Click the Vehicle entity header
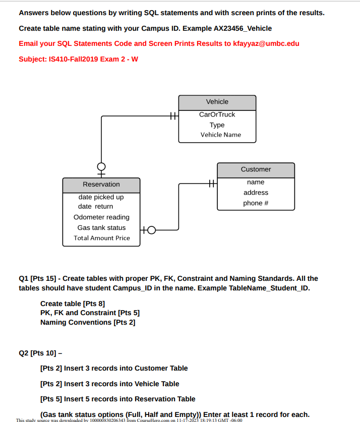click(x=217, y=102)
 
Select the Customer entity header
click(x=256, y=169)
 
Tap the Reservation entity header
click(x=101, y=185)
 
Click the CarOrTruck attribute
click(x=217, y=114)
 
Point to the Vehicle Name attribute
click(x=221, y=135)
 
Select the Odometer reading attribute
click(x=101, y=217)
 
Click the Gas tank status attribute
click(x=101, y=228)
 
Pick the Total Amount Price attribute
click(x=102, y=238)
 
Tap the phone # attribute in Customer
click(x=256, y=203)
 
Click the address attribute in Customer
click(x=256, y=193)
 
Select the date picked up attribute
click(x=101, y=197)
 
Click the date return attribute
click(x=96, y=207)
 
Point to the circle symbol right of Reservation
click(x=151, y=231)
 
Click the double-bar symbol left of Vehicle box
click(x=172, y=116)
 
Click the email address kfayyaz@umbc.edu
click(x=266, y=43)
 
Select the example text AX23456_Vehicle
click(x=243, y=28)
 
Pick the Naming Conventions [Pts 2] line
click(x=88, y=322)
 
